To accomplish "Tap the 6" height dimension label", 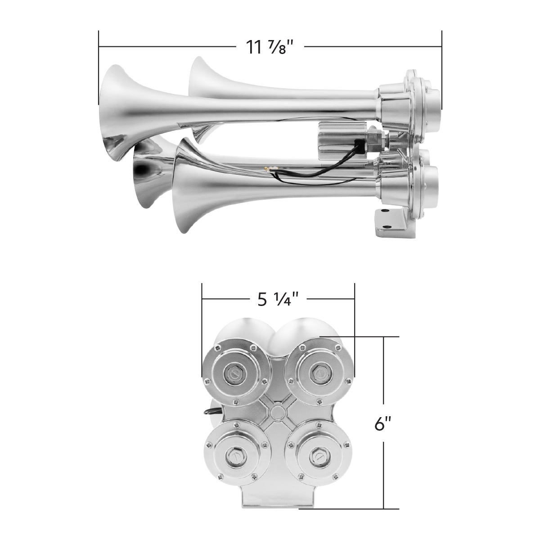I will [383, 423].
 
